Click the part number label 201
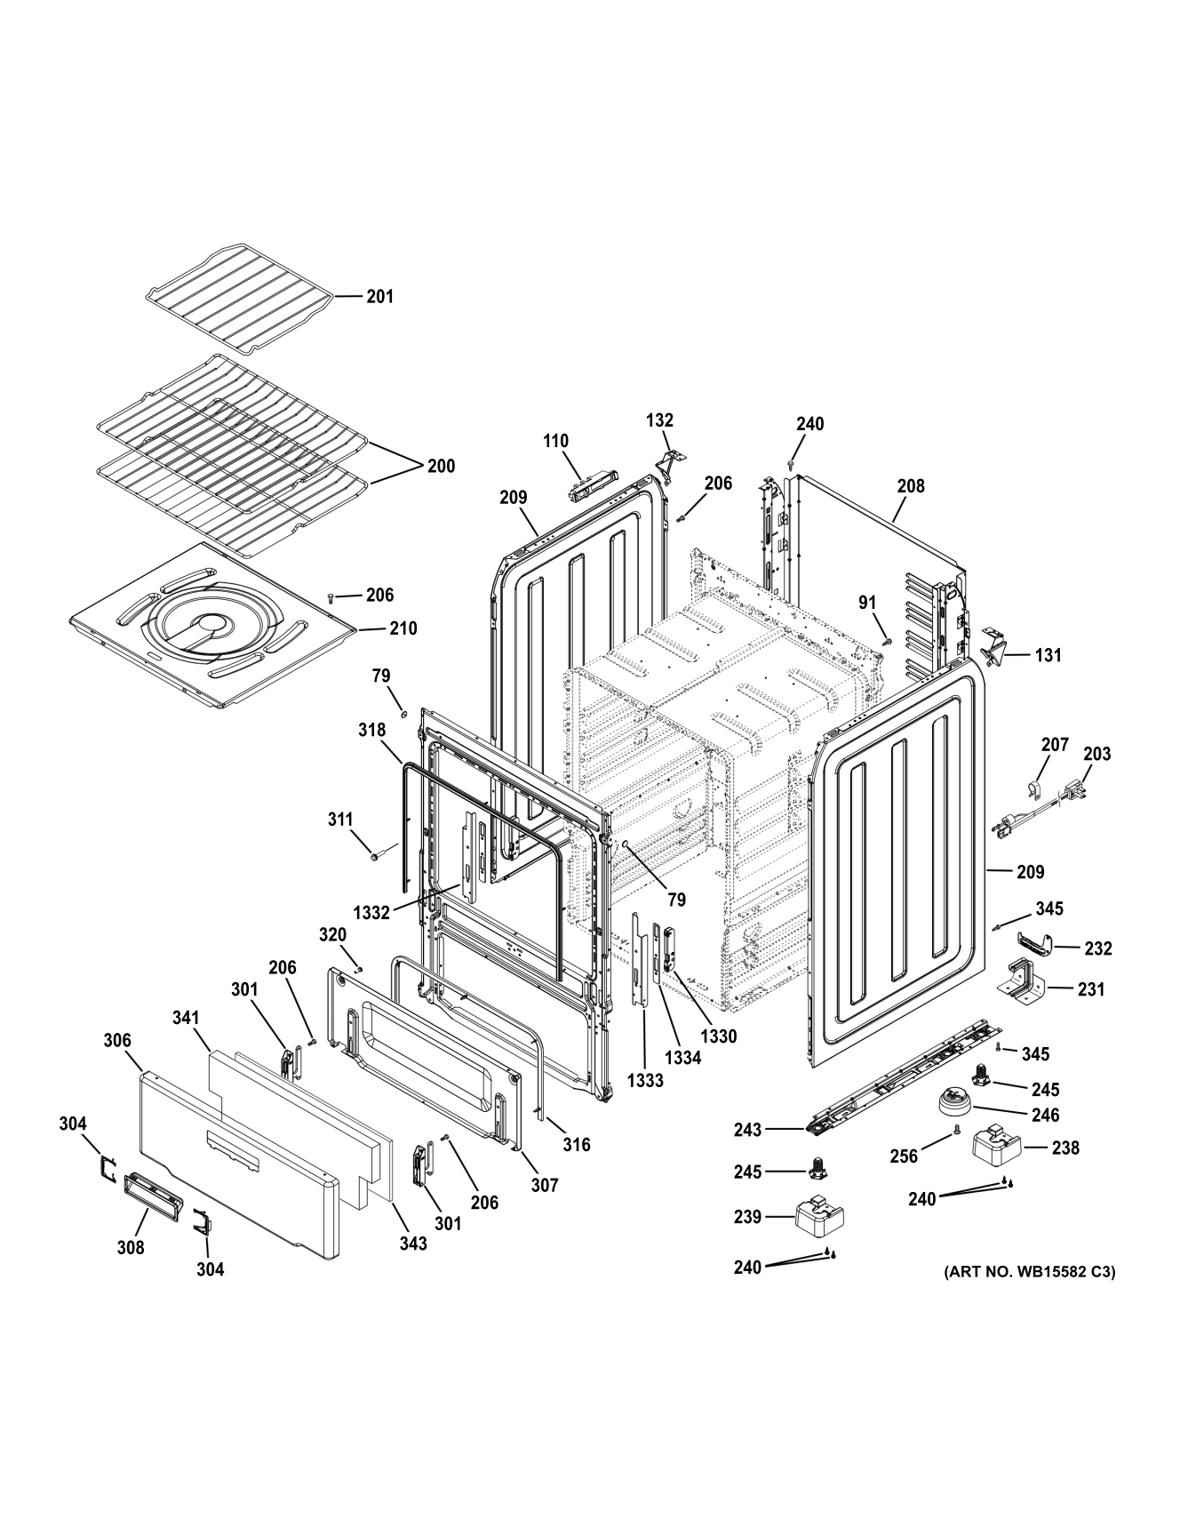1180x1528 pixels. [x=379, y=296]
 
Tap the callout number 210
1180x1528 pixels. [x=403, y=628]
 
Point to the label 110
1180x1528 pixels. [x=555, y=441]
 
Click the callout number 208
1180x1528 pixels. [x=910, y=485]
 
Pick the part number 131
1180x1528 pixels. [x=1048, y=655]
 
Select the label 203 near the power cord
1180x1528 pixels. [x=1096, y=754]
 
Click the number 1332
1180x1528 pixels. [x=371, y=912]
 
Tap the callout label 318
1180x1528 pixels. [x=371, y=730]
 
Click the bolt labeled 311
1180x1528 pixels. [x=377, y=857]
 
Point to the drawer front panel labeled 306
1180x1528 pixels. [x=240, y=1164]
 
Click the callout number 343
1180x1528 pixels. [x=412, y=1244]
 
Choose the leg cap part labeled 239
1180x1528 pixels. [x=818, y=1218]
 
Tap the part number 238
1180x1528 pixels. [x=1064, y=1148]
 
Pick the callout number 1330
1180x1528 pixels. [x=717, y=1036]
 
